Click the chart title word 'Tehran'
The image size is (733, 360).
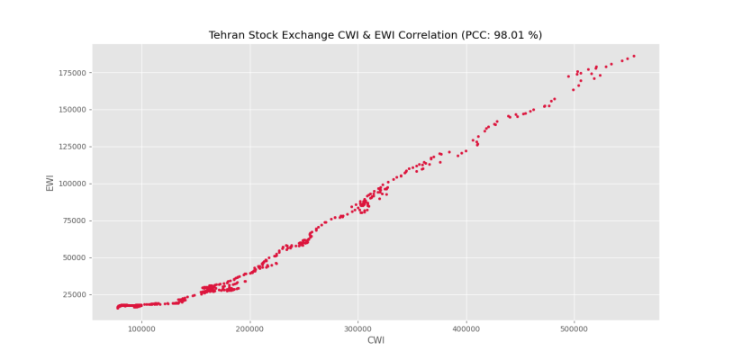(226, 35)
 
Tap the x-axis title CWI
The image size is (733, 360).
(376, 340)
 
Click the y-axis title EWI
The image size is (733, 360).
(50, 183)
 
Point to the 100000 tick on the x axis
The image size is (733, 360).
(141, 327)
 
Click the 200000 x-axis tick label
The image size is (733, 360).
(249, 327)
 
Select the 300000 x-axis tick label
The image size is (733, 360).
(357, 327)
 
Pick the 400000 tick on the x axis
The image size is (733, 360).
(466, 327)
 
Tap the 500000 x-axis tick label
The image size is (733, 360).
(574, 327)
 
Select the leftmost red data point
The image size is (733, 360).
(117, 308)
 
